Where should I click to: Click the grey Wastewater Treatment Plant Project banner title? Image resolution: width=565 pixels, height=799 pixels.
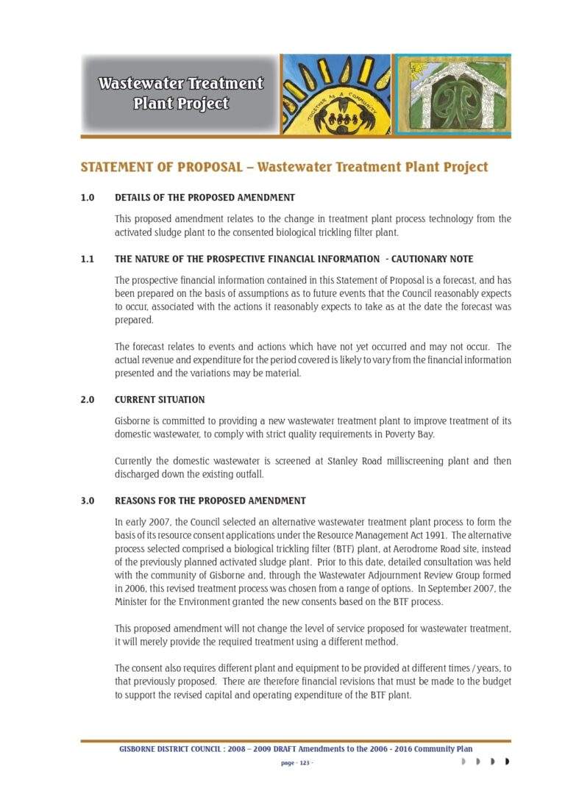pyautogui.click(x=180, y=93)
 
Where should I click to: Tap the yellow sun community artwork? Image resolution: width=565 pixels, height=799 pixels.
pyautogui.click(x=337, y=95)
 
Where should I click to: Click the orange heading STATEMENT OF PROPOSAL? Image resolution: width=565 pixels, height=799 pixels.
pyautogui.click(x=161, y=167)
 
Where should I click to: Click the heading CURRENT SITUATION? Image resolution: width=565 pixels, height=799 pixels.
pyautogui.click(x=160, y=400)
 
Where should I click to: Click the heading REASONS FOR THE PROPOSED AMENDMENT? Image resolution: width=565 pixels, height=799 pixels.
pyautogui.click(x=210, y=501)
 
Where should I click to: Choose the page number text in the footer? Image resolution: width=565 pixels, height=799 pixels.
pyautogui.click(x=297, y=763)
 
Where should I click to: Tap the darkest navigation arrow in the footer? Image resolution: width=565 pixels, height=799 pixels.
pyautogui.click(x=507, y=762)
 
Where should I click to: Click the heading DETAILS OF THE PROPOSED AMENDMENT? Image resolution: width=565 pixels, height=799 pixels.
pyautogui.click(x=205, y=197)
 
